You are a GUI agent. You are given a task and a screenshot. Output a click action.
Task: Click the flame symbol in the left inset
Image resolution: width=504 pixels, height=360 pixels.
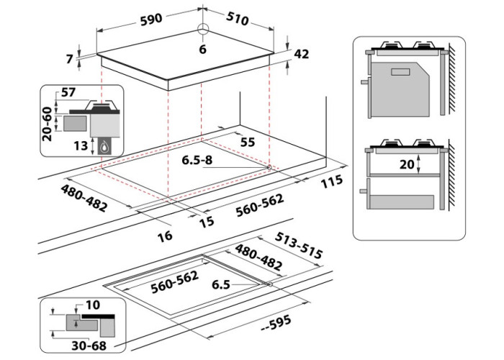(107, 147)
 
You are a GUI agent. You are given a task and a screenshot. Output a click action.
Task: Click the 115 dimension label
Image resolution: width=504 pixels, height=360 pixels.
(332, 182)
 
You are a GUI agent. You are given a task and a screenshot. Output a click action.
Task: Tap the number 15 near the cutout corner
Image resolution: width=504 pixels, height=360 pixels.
(207, 222)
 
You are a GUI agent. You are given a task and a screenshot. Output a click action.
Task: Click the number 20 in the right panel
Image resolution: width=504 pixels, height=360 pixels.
(408, 163)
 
